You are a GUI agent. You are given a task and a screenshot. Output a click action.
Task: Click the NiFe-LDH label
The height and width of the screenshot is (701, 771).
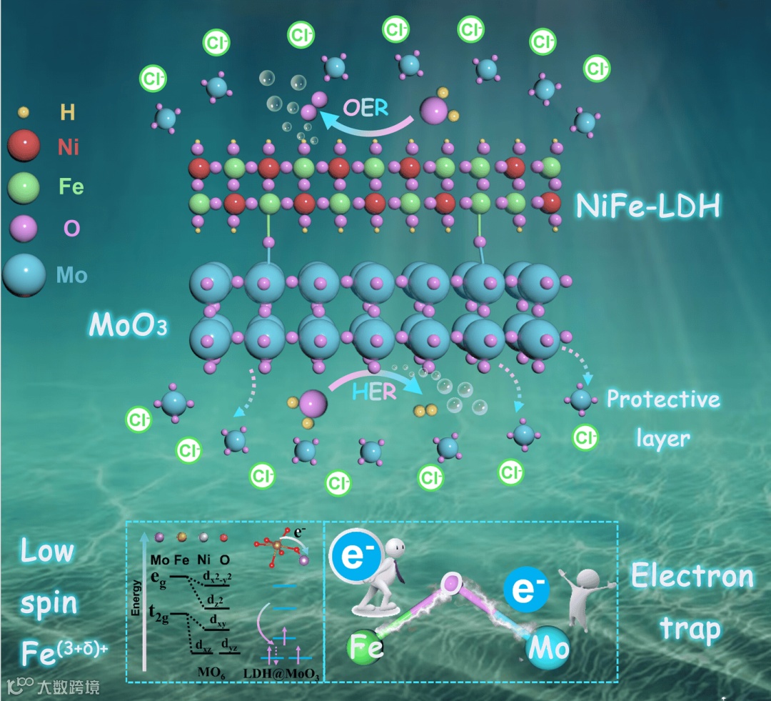point(648,207)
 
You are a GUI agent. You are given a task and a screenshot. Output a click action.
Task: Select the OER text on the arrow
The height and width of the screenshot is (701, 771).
point(366,108)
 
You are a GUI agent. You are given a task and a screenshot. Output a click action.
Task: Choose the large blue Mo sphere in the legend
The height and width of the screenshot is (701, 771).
point(24,274)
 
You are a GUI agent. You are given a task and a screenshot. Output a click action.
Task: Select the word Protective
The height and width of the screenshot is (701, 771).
point(663,399)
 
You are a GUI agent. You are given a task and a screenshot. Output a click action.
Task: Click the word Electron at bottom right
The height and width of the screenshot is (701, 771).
point(692,576)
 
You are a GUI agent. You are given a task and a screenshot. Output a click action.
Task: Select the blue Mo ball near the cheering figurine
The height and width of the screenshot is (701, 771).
point(548,647)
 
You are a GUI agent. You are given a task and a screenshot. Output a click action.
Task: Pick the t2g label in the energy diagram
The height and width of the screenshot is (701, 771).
point(161,612)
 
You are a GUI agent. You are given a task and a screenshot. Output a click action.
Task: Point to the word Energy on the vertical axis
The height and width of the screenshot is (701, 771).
point(136,605)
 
